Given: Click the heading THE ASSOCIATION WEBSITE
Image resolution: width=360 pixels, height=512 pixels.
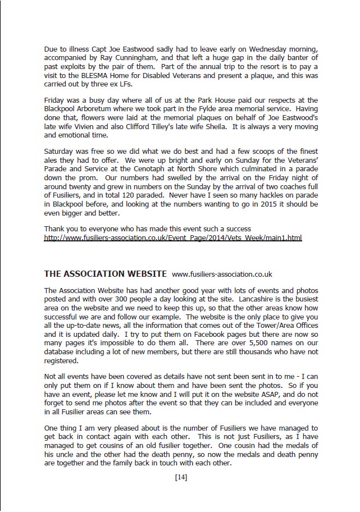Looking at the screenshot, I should [105, 274].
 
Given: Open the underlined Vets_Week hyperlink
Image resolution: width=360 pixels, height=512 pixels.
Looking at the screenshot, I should [173, 238].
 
